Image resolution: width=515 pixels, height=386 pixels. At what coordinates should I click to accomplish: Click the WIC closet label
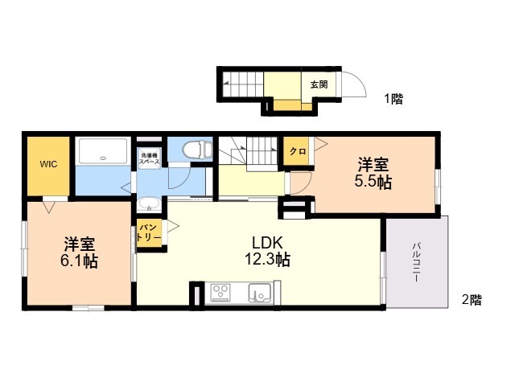(x=48, y=164)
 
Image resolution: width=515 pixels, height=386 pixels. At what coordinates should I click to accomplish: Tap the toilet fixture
(x=198, y=150)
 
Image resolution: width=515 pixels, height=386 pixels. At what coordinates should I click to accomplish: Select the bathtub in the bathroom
(x=103, y=150)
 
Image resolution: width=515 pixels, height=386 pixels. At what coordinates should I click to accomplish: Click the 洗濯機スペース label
(x=149, y=158)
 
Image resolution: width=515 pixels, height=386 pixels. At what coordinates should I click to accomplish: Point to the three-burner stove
(x=220, y=293)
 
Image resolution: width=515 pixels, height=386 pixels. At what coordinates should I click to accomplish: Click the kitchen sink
(x=259, y=292)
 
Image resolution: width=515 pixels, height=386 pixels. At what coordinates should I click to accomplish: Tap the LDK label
(x=267, y=243)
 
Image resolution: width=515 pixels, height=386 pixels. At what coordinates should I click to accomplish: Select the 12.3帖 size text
(x=267, y=259)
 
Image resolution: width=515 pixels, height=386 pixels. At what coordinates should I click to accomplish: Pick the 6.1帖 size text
(x=79, y=261)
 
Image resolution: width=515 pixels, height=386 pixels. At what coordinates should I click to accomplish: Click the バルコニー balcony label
(x=417, y=262)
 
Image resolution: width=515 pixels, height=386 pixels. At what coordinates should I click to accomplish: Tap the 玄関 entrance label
(x=319, y=84)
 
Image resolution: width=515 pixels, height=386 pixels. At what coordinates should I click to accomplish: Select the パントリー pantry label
(x=149, y=232)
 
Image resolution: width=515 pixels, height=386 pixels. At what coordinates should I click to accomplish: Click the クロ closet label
(x=298, y=151)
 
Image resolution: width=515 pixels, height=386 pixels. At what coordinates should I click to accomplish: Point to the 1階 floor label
(x=393, y=98)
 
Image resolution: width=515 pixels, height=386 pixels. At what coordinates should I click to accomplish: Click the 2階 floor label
(x=472, y=300)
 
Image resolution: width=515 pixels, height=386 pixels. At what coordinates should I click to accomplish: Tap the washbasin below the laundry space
(x=149, y=204)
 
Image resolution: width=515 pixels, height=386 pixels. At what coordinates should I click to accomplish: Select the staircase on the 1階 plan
(x=243, y=84)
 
